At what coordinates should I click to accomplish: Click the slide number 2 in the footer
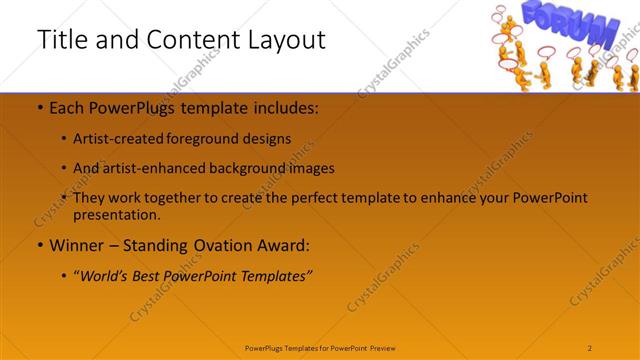click(590, 347)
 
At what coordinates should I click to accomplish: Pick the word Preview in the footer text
click(388, 347)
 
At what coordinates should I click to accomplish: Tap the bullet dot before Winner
click(39, 245)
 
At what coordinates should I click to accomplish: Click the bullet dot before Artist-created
click(64, 139)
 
